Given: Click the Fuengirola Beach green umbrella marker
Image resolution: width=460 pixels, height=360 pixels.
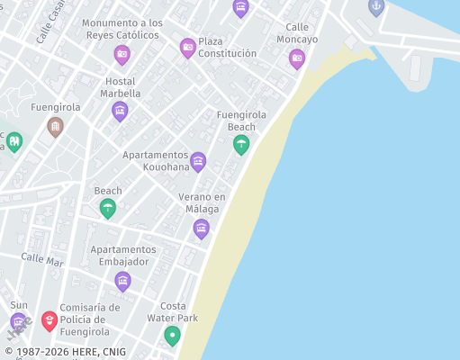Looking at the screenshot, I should [x=241, y=144].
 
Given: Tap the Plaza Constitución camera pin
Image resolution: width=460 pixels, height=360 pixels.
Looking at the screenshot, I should [x=187, y=48].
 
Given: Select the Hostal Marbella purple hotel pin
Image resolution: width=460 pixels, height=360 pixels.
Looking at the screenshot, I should [x=120, y=111].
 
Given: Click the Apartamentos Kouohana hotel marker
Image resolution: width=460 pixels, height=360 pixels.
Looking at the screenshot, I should [x=198, y=161].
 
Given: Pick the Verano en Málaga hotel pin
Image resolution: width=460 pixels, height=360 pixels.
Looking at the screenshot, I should [x=202, y=229].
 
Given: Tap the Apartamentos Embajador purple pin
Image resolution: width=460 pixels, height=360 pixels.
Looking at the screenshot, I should [x=122, y=281].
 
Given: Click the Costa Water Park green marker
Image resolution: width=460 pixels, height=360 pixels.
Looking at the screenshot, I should [x=172, y=336].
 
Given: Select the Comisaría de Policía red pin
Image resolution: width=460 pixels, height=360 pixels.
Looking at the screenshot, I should [x=50, y=320].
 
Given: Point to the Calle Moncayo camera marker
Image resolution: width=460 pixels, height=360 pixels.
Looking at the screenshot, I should [x=297, y=58].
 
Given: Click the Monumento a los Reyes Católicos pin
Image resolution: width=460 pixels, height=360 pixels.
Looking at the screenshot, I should [x=122, y=55].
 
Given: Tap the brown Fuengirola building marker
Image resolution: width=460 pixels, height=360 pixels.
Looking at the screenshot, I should [x=55, y=126].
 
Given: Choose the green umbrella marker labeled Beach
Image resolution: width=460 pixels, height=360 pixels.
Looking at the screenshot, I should [x=108, y=208].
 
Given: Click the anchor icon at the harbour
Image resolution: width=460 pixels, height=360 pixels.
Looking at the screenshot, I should [x=376, y=6].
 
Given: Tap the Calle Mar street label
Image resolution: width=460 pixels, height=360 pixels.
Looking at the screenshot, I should [x=42, y=259].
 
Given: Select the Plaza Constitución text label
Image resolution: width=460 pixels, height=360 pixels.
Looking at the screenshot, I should [x=227, y=47].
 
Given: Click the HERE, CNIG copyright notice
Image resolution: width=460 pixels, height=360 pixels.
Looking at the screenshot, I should [x=65, y=352].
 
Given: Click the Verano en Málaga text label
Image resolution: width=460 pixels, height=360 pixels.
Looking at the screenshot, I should [x=202, y=202].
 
